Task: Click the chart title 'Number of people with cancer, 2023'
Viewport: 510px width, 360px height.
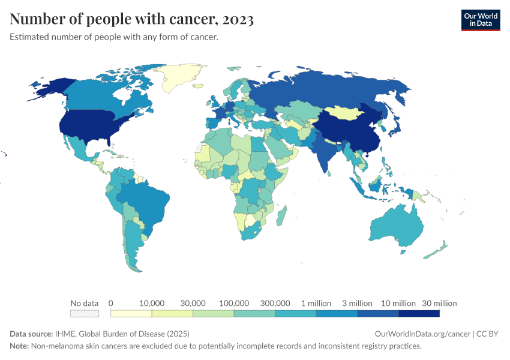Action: tap(131, 20)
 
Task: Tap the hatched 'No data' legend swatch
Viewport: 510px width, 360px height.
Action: tap(84, 313)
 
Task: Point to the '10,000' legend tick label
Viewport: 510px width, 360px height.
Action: tap(152, 303)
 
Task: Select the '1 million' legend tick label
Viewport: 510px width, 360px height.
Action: tap(316, 303)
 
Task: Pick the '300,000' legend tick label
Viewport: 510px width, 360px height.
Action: tap(275, 303)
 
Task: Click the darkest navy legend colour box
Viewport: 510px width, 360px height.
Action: tap(419, 313)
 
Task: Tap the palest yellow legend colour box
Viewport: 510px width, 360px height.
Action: tap(131, 313)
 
